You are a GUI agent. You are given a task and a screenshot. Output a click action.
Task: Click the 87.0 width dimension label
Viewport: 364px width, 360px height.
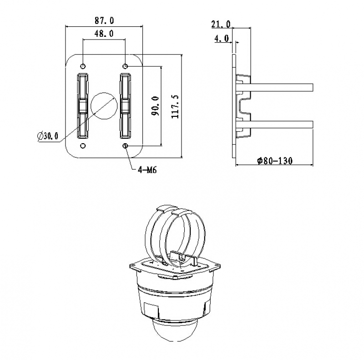(104, 20)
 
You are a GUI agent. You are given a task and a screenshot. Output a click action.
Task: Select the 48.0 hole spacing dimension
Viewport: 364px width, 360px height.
(104, 34)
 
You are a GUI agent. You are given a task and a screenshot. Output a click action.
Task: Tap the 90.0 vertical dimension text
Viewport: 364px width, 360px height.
(155, 106)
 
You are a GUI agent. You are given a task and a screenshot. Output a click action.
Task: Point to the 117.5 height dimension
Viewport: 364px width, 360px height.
(175, 106)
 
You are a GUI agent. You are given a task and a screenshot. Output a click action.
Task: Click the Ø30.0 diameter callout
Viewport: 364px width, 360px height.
(48, 136)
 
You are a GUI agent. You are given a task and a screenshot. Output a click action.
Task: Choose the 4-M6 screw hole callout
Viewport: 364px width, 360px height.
(147, 170)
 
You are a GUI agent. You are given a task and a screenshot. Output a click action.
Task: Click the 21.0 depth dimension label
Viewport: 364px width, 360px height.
(221, 24)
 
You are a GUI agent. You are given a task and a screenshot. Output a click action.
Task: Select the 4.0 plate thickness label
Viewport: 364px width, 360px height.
(222, 38)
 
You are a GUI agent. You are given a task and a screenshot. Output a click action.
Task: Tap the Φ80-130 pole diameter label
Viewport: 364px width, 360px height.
(275, 161)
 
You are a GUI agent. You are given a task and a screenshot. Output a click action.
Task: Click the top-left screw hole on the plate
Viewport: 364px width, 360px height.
(83, 66)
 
